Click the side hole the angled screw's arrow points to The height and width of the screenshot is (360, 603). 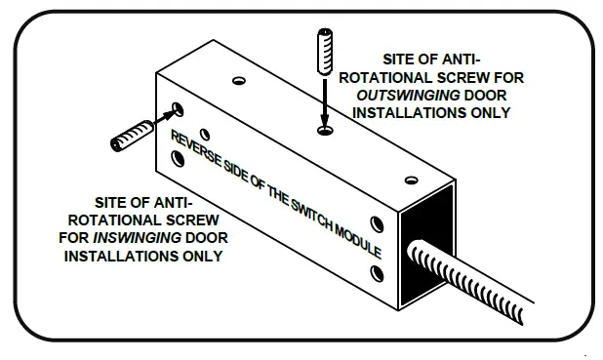177,109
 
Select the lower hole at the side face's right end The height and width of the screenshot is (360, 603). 377,270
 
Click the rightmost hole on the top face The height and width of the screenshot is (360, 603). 411,180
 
